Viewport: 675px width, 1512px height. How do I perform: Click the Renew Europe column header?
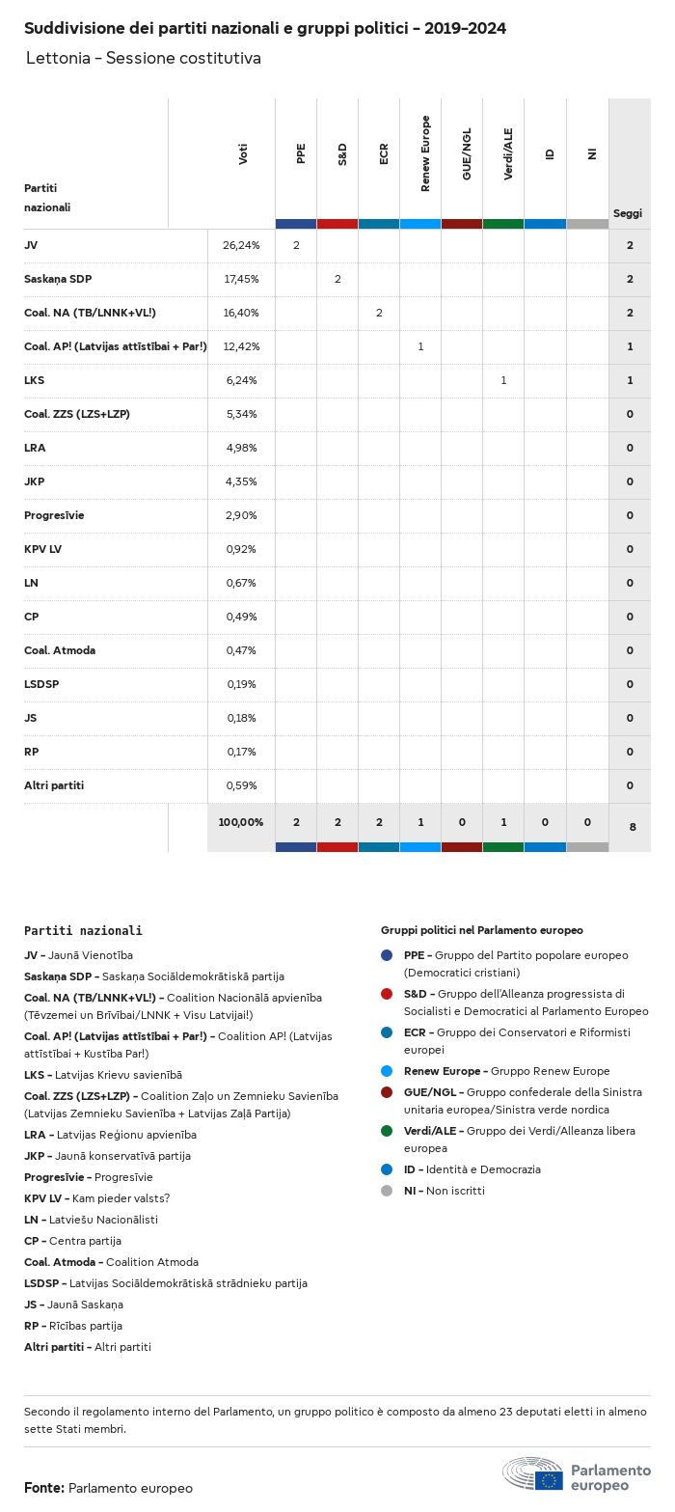point(425,153)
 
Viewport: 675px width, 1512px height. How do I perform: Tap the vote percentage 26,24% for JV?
point(241,245)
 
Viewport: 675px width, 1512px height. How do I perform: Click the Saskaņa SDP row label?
point(58,279)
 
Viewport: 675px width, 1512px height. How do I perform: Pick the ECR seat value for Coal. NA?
point(379,313)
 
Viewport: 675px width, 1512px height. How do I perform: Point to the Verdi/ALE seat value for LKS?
point(503,380)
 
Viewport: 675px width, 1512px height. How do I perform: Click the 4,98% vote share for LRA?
point(241,448)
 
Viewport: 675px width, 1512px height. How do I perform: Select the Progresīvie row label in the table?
point(54,515)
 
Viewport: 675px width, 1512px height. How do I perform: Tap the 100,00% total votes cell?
point(241,822)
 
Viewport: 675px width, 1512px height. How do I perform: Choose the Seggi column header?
point(628,213)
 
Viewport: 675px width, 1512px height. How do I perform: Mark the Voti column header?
point(243,153)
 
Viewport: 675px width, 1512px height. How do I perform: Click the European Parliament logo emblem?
point(532,1474)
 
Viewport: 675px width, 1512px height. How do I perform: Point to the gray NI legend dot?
point(387,1191)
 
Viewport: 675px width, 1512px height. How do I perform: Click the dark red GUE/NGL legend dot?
point(387,1092)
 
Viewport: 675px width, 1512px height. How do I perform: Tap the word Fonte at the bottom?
point(43,1488)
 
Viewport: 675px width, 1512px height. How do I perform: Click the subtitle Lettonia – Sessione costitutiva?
point(143,58)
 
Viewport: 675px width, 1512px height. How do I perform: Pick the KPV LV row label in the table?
point(43,549)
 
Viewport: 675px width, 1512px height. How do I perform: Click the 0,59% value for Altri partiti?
point(241,785)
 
